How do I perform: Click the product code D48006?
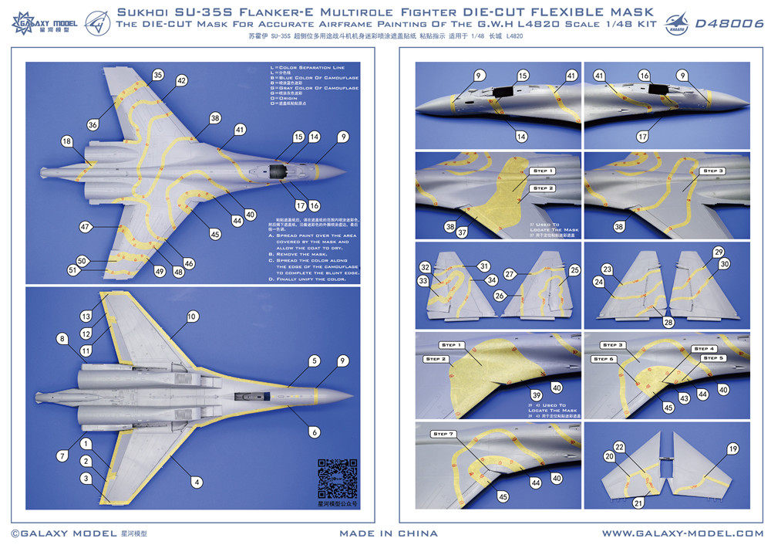click(729, 24)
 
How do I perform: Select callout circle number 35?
click(158, 75)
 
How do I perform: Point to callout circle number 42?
click(181, 80)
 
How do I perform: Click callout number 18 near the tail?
click(67, 141)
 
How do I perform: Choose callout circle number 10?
click(191, 316)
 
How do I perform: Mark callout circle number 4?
click(197, 482)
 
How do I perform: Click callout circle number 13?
click(86, 317)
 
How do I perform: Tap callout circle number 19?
click(732, 448)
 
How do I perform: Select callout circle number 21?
click(638, 503)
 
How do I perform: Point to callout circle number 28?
click(668, 322)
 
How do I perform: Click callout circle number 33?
click(423, 282)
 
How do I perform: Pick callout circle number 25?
click(574, 270)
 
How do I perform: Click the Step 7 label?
click(442, 434)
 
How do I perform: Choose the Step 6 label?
click(604, 359)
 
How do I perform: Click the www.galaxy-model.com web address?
click(682, 533)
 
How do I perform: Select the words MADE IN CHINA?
click(389, 533)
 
